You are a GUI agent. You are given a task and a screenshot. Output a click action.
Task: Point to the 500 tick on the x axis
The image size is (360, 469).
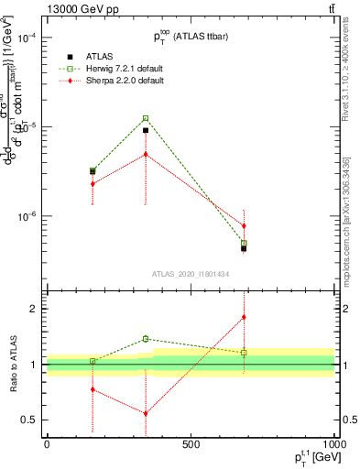pos(191,443)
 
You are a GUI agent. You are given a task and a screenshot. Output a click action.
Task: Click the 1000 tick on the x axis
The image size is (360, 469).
pos(333,443)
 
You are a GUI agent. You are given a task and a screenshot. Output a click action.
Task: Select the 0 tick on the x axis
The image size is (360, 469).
pos(47,443)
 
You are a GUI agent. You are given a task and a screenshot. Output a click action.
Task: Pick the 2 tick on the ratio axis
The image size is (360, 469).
pos(33,309)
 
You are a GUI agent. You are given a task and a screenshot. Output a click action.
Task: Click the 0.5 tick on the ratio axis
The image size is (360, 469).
pos(30,420)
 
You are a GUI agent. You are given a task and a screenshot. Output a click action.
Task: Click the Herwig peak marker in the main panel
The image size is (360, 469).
pos(146,118)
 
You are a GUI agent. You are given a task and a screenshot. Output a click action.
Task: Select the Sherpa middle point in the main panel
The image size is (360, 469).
pos(146,154)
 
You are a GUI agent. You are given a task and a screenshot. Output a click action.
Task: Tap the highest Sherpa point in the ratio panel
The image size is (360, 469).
pos(244,318)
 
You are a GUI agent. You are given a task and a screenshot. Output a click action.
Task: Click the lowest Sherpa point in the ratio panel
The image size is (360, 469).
pos(146,413)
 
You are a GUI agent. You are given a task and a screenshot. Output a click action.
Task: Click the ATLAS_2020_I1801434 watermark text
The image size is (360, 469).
pos(191,274)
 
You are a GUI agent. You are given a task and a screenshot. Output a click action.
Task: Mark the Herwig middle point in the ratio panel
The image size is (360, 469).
pos(146,339)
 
